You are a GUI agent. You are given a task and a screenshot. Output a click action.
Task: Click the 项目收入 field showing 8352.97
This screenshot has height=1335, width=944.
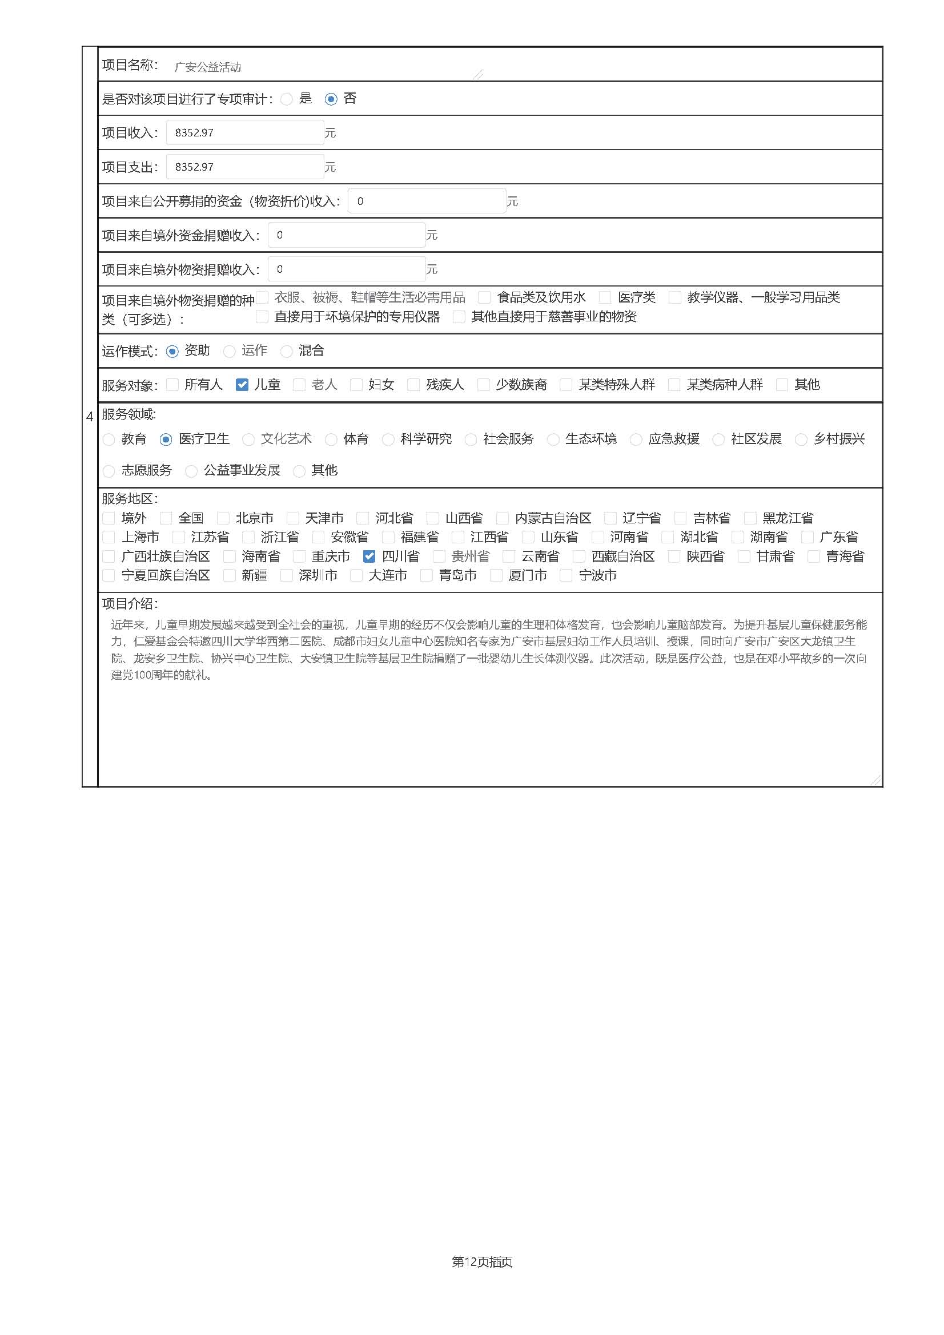click(x=245, y=132)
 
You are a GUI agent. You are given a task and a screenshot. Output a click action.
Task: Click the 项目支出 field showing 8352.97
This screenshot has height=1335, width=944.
click(x=245, y=167)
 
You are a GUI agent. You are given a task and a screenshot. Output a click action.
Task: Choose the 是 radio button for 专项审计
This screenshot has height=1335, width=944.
click(x=286, y=99)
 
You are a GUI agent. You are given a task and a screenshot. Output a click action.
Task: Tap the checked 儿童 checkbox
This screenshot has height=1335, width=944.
click(x=242, y=385)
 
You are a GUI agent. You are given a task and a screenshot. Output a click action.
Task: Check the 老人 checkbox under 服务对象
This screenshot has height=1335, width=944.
click(x=299, y=385)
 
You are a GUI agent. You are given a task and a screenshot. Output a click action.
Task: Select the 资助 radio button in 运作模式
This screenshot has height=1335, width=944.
click(x=172, y=351)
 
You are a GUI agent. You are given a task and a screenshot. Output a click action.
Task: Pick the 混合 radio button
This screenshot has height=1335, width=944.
click(x=286, y=351)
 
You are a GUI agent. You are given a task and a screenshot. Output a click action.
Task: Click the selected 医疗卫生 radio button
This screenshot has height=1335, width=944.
click(x=166, y=439)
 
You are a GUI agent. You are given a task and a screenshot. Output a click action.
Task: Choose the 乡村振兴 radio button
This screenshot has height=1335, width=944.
click(x=801, y=439)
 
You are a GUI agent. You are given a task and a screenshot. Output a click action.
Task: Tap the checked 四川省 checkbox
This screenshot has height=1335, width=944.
click(x=369, y=556)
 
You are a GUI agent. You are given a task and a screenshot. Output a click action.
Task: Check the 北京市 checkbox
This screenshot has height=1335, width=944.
click(x=223, y=518)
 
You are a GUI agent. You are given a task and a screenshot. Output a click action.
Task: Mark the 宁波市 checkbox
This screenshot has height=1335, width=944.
click(x=565, y=576)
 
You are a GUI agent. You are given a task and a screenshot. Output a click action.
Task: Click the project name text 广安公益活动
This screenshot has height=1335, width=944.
click(x=208, y=67)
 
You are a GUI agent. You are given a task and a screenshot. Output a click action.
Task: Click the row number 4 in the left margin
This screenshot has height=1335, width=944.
click(x=90, y=416)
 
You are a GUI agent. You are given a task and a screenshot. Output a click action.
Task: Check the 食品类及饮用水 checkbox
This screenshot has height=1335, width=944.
click(x=484, y=298)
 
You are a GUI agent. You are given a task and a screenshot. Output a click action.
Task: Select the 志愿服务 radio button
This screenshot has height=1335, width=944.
click(x=109, y=471)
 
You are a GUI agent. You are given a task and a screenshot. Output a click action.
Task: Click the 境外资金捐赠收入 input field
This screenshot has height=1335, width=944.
click(x=347, y=235)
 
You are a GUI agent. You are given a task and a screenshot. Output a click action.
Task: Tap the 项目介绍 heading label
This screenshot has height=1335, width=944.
click(x=130, y=603)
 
